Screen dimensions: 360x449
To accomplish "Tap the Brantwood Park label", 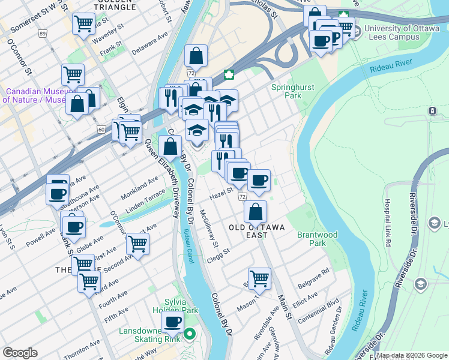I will tap(317, 239).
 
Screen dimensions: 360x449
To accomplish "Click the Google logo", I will tap(20, 353).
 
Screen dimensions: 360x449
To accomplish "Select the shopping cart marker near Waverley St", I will tap(83, 24).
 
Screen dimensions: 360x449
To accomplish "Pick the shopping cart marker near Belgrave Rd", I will tap(259, 277).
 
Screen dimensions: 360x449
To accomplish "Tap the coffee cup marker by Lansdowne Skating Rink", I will tap(173, 322).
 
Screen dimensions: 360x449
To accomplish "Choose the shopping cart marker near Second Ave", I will tap(138, 244).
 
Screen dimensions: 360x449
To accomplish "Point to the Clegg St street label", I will tap(218, 252).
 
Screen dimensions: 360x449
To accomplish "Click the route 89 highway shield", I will tap(42, 34).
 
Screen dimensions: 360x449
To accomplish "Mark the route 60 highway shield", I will tap(101, 129).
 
